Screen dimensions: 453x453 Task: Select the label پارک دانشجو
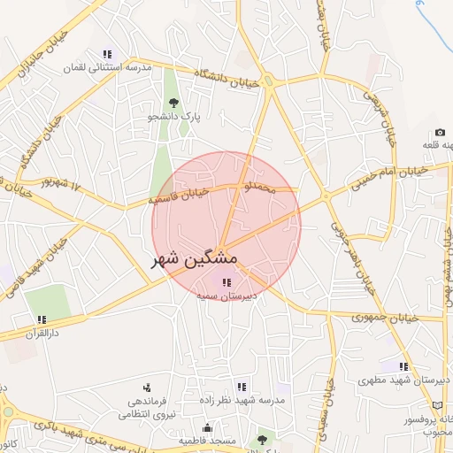click(173, 116)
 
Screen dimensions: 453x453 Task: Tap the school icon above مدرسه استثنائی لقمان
click(108, 54)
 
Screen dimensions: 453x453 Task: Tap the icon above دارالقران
click(41, 320)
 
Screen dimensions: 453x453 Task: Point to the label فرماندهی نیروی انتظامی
click(148, 407)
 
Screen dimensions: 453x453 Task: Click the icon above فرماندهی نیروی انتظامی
click(146, 388)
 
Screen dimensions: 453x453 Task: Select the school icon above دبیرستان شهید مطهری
click(403, 366)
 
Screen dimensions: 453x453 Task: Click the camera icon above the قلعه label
click(440, 133)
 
